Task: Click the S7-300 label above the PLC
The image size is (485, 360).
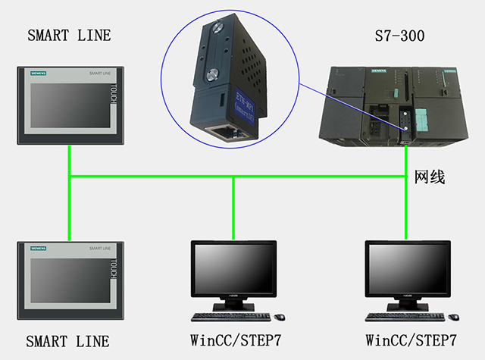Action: pyautogui.click(x=399, y=36)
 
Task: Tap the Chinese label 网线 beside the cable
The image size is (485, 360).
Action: pyautogui.click(x=429, y=178)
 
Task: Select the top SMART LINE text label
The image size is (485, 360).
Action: pyautogui.click(x=69, y=36)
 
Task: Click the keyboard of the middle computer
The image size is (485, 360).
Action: pyautogui.click(x=227, y=315)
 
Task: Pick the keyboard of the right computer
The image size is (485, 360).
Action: pyautogui.click(x=402, y=315)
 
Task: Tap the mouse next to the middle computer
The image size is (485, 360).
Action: pyautogui.click(x=279, y=315)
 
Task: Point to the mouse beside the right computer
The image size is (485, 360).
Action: pyautogui.click(x=454, y=315)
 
